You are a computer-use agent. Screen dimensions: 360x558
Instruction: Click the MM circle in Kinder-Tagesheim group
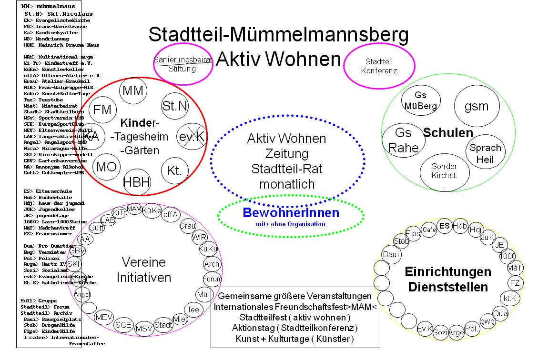coord(132,91)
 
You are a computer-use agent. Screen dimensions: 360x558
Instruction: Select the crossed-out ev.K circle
coord(192,136)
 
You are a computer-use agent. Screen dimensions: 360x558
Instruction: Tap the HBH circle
coord(137,182)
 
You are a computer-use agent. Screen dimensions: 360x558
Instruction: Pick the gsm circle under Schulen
coord(476,106)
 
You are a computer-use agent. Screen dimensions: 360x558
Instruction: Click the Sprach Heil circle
coord(485,153)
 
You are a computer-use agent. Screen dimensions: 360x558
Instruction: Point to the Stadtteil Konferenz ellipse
coord(381,66)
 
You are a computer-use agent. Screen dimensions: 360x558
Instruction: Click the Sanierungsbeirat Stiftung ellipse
coord(175,64)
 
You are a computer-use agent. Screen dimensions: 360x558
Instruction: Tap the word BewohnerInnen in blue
coord(291,213)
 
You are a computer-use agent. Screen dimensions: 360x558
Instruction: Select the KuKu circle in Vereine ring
coord(208,249)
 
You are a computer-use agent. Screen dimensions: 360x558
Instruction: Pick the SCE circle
coord(124,324)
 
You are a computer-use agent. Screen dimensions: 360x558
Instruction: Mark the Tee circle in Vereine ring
coord(193,310)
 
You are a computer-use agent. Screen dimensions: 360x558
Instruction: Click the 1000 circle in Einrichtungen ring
coord(507,256)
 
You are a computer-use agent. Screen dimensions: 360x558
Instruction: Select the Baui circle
coord(391,254)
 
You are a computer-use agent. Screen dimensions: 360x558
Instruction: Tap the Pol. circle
coord(472,329)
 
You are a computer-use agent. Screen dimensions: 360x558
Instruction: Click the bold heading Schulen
coord(448,133)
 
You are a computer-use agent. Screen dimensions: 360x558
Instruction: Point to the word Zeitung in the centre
coord(287,154)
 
